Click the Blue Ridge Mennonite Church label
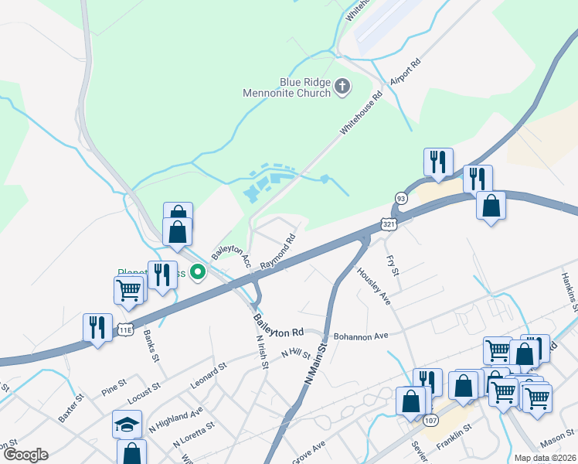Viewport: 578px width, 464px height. click(305, 87)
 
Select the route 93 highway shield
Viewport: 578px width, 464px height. click(401, 198)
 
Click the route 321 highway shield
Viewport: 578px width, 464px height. click(389, 223)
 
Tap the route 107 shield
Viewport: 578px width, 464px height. click(430, 420)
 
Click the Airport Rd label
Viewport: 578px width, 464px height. click(404, 72)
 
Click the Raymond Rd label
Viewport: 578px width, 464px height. click(278, 253)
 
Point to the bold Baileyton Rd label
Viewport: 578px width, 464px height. click(279, 326)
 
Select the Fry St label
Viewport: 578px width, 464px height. click(392, 267)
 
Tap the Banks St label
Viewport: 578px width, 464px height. click(151, 347)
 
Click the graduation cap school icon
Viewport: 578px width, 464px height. click(127, 424)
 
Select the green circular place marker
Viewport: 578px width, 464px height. click(198, 271)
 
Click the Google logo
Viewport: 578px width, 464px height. click(25, 455)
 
